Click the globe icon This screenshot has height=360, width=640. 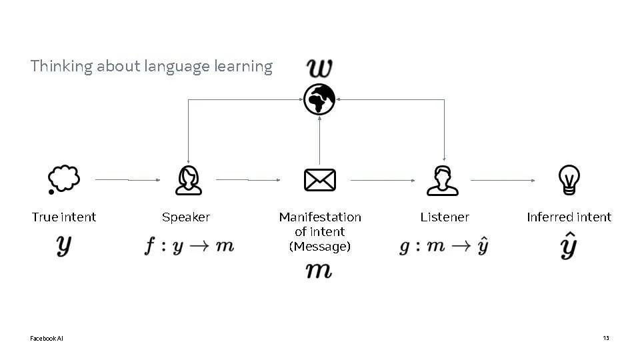pos(319,99)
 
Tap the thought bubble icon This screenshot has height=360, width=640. pos(64,179)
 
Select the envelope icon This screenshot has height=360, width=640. pos(320,180)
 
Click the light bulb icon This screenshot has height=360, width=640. pos(569,179)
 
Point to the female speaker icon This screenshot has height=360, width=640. pos(188,180)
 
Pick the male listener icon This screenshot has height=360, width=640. pos(443,181)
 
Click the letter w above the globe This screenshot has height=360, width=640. pos(319,68)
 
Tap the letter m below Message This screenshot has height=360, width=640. pos(319,270)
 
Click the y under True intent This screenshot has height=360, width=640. pos(64,246)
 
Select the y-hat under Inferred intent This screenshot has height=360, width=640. pos(569,245)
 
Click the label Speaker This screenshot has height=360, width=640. pos(186,217)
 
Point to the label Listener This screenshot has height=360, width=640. pos(445,217)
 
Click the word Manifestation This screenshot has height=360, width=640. pos(320,217)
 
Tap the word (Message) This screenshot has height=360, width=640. pos(320,247)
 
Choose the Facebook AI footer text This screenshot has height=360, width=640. pos(47,339)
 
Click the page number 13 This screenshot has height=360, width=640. pos(606,338)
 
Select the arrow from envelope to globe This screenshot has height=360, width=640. pos(319,141)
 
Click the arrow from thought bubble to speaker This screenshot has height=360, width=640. pos(128,179)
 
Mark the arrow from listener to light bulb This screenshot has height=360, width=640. pos(503,180)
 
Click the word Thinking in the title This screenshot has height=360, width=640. pos(61,67)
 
